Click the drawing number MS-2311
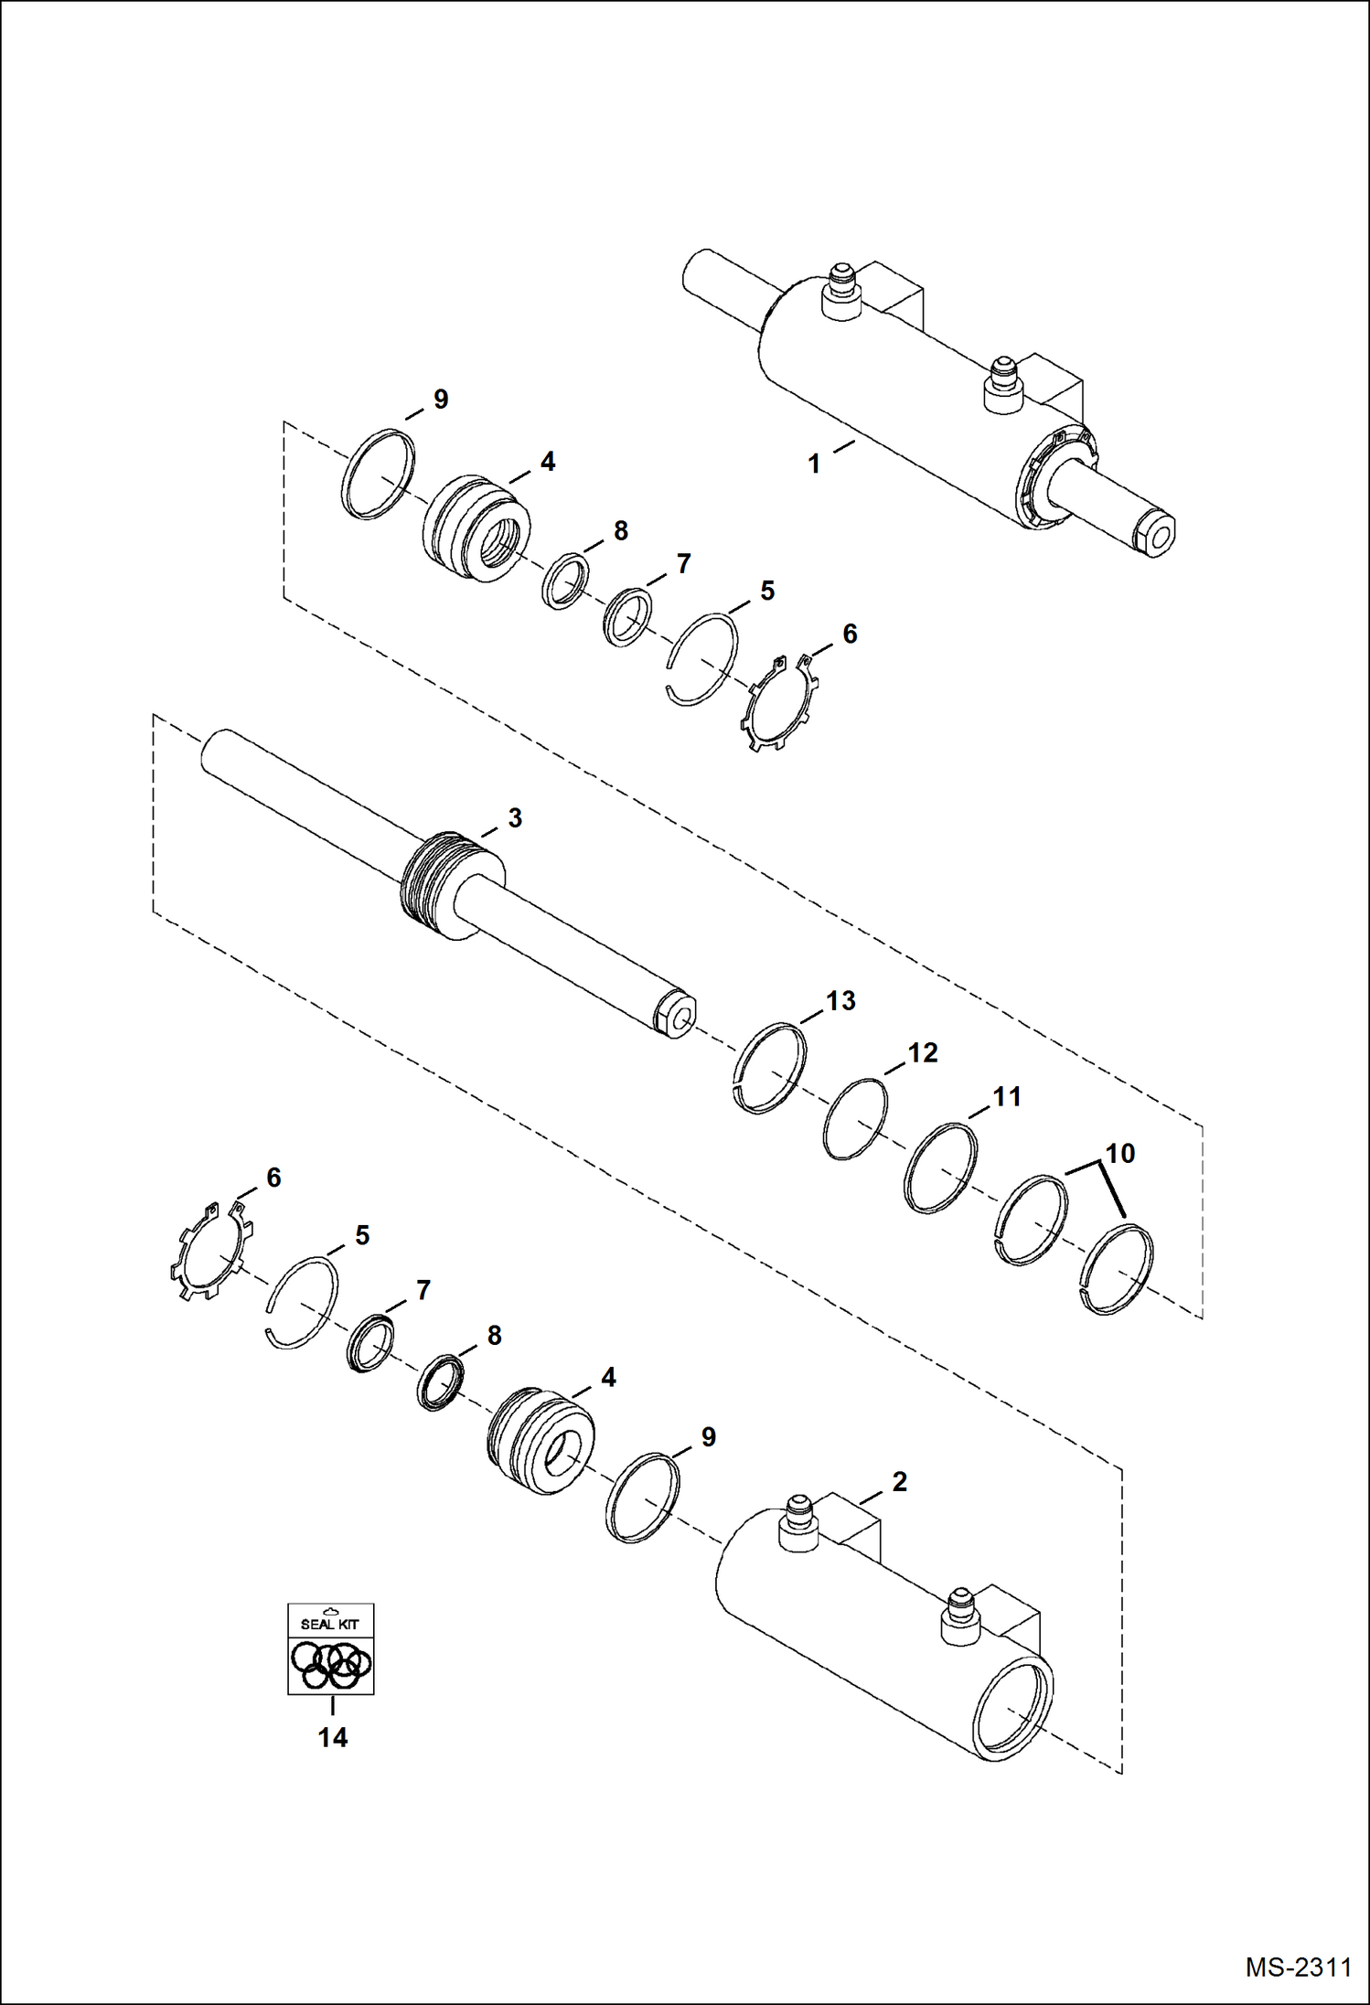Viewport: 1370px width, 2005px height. pyautogui.click(x=1298, y=1967)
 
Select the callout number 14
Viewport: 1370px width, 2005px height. pyautogui.click(x=332, y=1737)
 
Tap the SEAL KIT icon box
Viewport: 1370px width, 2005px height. pyautogui.click(x=331, y=1648)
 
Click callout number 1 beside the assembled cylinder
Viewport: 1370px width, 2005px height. pyautogui.click(x=814, y=464)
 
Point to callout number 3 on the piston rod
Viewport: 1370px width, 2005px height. pyautogui.click(x=515, y=818)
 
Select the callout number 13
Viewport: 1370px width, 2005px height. pyautogui.click(x=840, y=1001)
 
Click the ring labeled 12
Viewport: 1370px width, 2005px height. pyautogui.click(x=854, y=1119)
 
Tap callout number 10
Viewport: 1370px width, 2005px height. pyautogui.click(x=1120, y=1154)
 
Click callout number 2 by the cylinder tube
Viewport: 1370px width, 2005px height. pyautogui.click(x=899, y=1482)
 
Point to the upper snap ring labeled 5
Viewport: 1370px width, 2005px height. pyautogui.click(x=702, y=658)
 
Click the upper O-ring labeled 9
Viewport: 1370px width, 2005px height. pyautogui.click(x=378, y=474)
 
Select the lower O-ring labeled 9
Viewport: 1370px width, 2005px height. pyautogui.click(x=643, y=1498)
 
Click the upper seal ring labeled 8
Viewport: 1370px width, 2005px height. pyautogui.click(x=565, y=579)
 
